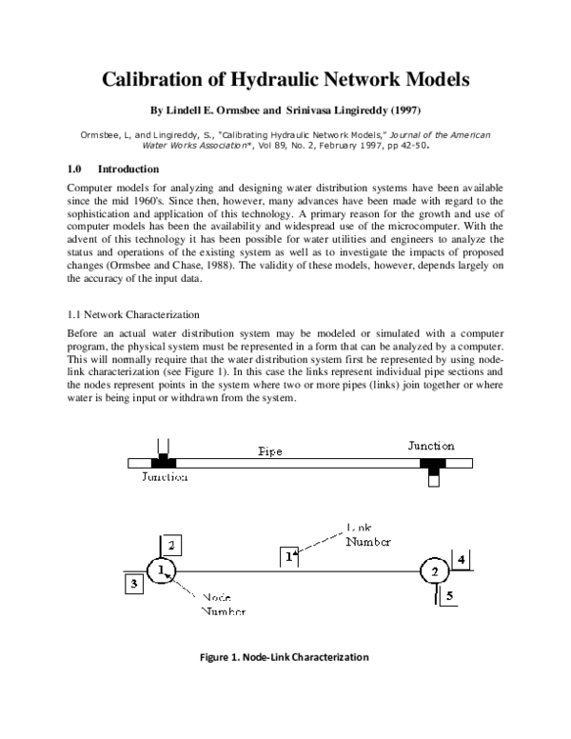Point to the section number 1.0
coord(77,169)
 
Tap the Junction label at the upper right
coord(431,445)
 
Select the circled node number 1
coord(163,570)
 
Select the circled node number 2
coord(435,571)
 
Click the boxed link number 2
coord(171,545)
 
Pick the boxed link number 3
coord(135,584)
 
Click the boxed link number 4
coord(461,560)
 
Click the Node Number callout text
coord(222,603)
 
